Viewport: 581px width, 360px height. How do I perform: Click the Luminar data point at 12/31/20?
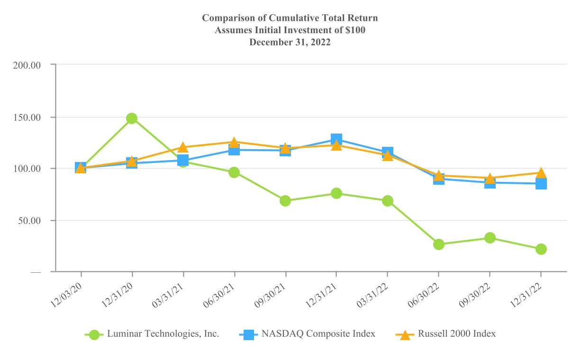(x=132, y=118)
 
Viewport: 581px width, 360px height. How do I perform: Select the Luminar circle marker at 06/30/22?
(x=438, y=244)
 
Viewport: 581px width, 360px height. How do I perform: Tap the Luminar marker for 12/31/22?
(x=541, y=249)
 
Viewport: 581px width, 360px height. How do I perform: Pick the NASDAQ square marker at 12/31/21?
(x=336, y=139)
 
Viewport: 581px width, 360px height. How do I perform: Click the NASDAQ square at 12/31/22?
(x=541, y=184)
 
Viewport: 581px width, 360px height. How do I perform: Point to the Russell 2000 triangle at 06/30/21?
(x=234, y=142)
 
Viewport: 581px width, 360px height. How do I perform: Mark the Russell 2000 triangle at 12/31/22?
(x=541, y=173)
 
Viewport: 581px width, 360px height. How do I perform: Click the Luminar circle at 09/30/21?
(x=285, y=201)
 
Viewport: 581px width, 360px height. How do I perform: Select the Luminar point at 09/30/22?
(x=490, y=238)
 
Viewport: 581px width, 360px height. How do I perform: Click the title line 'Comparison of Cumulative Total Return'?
(x=290, y=18)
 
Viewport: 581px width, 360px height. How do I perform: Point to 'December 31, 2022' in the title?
(x=290, y=42)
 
